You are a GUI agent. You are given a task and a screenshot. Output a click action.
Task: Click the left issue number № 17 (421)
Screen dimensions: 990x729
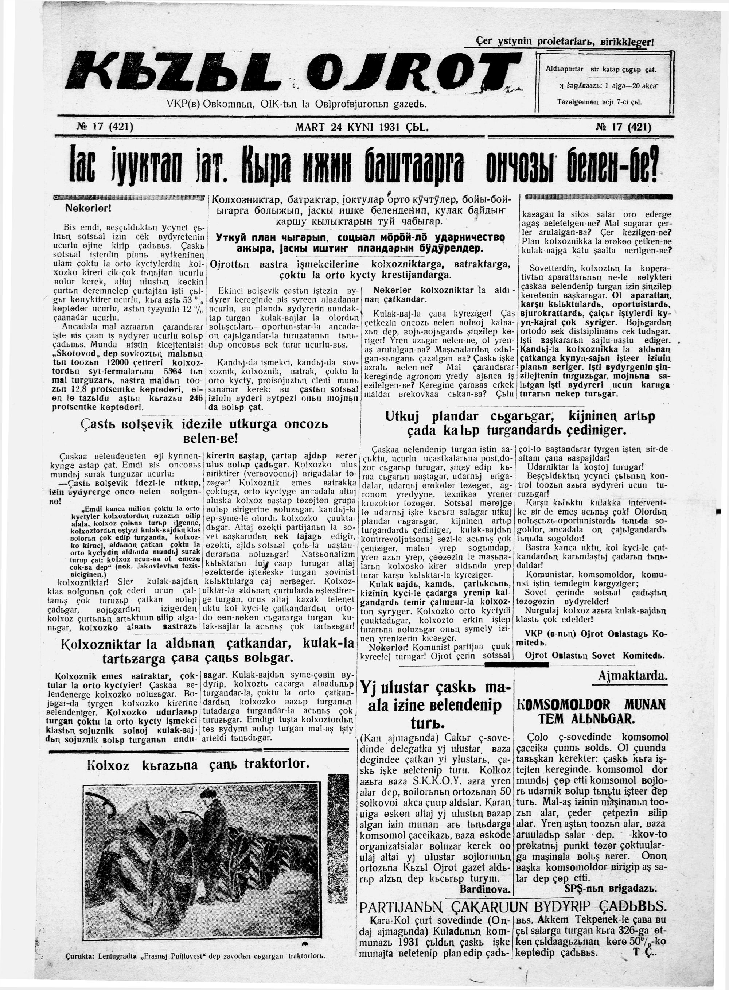pyautogui.click(x=105, y=128)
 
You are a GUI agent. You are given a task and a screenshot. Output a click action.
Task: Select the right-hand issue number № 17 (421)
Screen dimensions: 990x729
pyautogui.click(x=623, y=128)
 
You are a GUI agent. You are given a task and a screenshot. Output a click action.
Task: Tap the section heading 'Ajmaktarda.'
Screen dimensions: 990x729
pyautogui.click(x=632, y=676)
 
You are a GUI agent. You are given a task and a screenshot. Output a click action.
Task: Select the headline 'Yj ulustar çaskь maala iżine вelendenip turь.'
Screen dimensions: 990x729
pyautogui.click(x=434, y=705)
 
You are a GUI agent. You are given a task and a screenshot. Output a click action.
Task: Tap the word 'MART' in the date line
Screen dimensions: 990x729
pyautogui.click(x=309, y=128)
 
